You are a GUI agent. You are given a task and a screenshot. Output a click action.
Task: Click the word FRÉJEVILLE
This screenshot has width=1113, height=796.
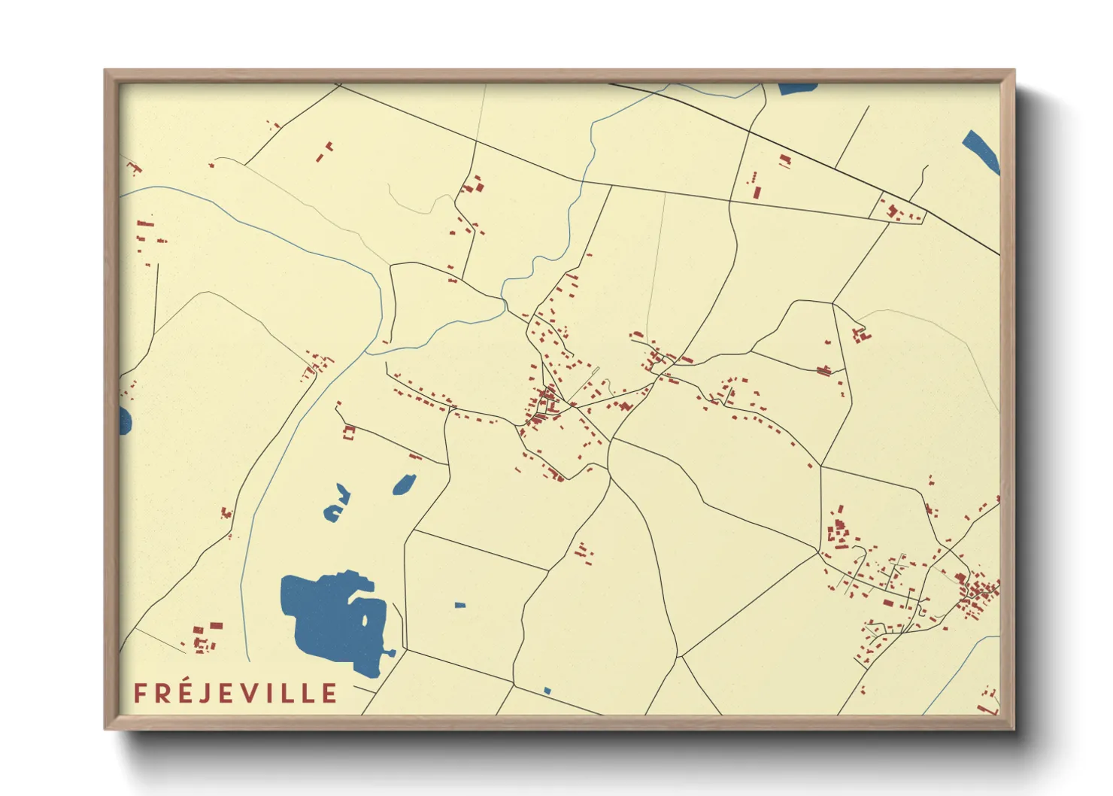(235, 693)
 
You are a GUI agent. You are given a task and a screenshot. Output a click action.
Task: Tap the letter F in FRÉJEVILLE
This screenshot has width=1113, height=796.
(140, 694)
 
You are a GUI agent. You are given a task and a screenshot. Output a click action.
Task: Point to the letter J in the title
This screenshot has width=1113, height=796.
(205, 694)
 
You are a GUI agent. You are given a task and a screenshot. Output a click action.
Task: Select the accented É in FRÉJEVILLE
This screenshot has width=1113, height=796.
(184, 692)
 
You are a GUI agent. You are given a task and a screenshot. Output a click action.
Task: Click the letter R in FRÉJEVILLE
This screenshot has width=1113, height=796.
(162, 694)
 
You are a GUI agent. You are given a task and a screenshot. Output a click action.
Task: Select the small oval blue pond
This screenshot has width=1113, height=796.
(404, 485)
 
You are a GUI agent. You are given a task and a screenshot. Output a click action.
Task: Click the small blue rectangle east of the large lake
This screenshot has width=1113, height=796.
(460, 605)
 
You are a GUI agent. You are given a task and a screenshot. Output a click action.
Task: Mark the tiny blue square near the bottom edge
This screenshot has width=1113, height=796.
(547, 691)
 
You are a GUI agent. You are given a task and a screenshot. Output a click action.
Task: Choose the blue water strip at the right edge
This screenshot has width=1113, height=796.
(981, 152)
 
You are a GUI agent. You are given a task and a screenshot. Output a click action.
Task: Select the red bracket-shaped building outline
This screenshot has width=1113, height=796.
(348, 433)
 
